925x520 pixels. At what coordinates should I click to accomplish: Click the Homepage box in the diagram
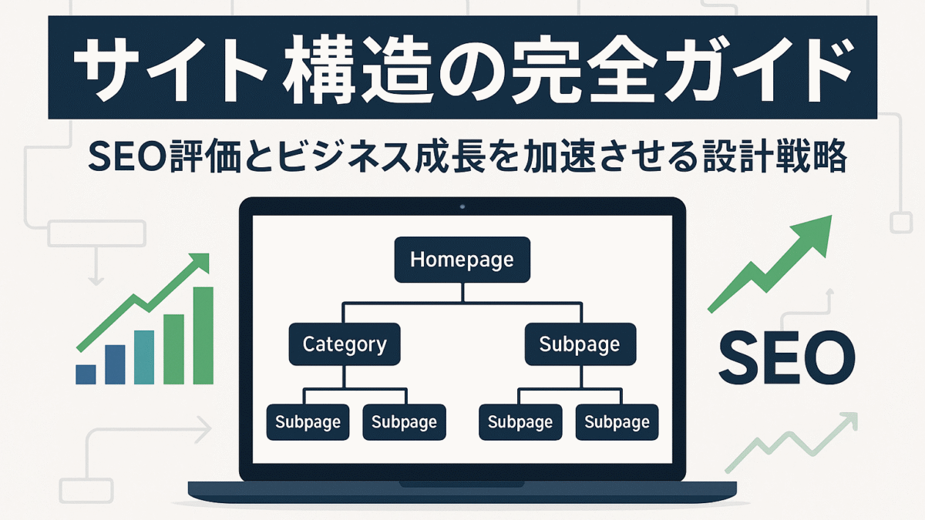pyautogui.click(x=462, y=260)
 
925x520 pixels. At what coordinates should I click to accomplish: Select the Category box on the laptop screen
pyautogui.click(x=345, y=344)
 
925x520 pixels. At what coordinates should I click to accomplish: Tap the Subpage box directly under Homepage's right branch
pyautogui.click(x=580, y=344)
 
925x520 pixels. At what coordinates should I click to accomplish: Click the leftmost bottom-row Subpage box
pyautogui.click(x=308, y=422)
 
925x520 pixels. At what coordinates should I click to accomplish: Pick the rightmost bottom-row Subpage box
pyautogui.click(x=617, y=422)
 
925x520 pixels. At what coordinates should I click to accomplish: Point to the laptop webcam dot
pyautogui.click(x=462, y=206)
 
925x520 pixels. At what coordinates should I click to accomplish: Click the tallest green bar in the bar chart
pyautogui.click(x=203, y=336)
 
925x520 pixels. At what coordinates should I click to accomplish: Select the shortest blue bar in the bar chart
pyautogui.click(x=86, y=374)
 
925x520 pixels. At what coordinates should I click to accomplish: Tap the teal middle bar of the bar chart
pyautogui.click(x=144, y=357)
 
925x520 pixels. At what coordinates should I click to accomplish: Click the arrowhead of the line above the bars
pyautogui.click(x=201, y=262)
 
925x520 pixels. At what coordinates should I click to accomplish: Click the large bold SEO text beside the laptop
pyautogui.click(x=787, y=357)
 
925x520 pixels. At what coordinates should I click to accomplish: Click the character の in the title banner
pyautogui.click(x=467, y=69)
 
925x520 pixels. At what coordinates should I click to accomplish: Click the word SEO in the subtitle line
pyautogui.click(x=128, y=157)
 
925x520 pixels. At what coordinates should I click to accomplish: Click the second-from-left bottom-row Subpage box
pyautogui.click(x=404, y=422)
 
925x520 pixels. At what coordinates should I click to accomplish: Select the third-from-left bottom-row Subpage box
pyautogui.click(x=520, y=422)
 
